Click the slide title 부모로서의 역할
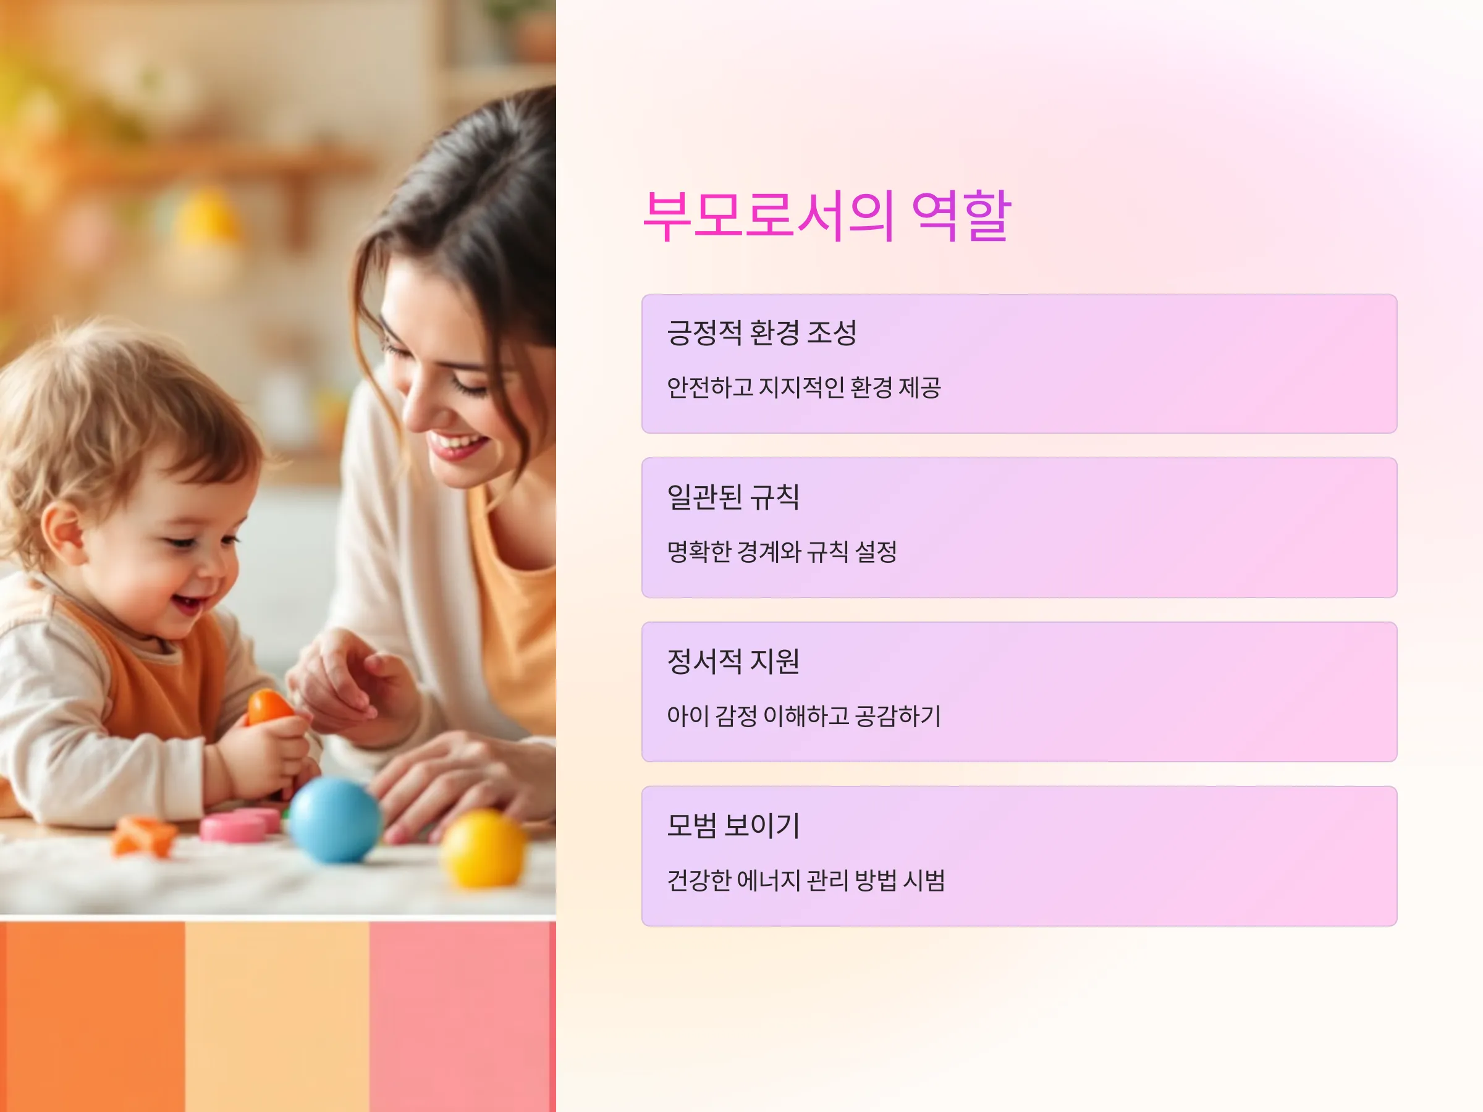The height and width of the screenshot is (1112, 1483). click(827, 215)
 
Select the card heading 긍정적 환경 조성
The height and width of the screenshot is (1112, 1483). click(762, 332)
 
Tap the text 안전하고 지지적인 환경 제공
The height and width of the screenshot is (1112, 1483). click(804, 387)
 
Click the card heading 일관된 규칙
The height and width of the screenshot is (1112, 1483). click(733, 497)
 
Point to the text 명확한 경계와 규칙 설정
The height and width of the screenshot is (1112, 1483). click(782, 552)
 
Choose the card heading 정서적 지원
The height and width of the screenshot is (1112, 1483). click(733, 661)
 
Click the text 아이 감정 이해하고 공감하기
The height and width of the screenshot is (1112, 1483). click(804, 716)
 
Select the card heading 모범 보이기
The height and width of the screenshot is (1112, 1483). click(733, 825)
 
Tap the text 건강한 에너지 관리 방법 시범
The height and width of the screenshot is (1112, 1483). click(806, 880)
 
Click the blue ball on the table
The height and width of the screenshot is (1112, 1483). click(334, 820)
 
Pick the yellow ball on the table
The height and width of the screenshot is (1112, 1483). click(483, 849)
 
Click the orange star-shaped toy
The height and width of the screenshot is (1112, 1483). click(144, 835)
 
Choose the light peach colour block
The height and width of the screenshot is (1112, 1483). click(277, 1016)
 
